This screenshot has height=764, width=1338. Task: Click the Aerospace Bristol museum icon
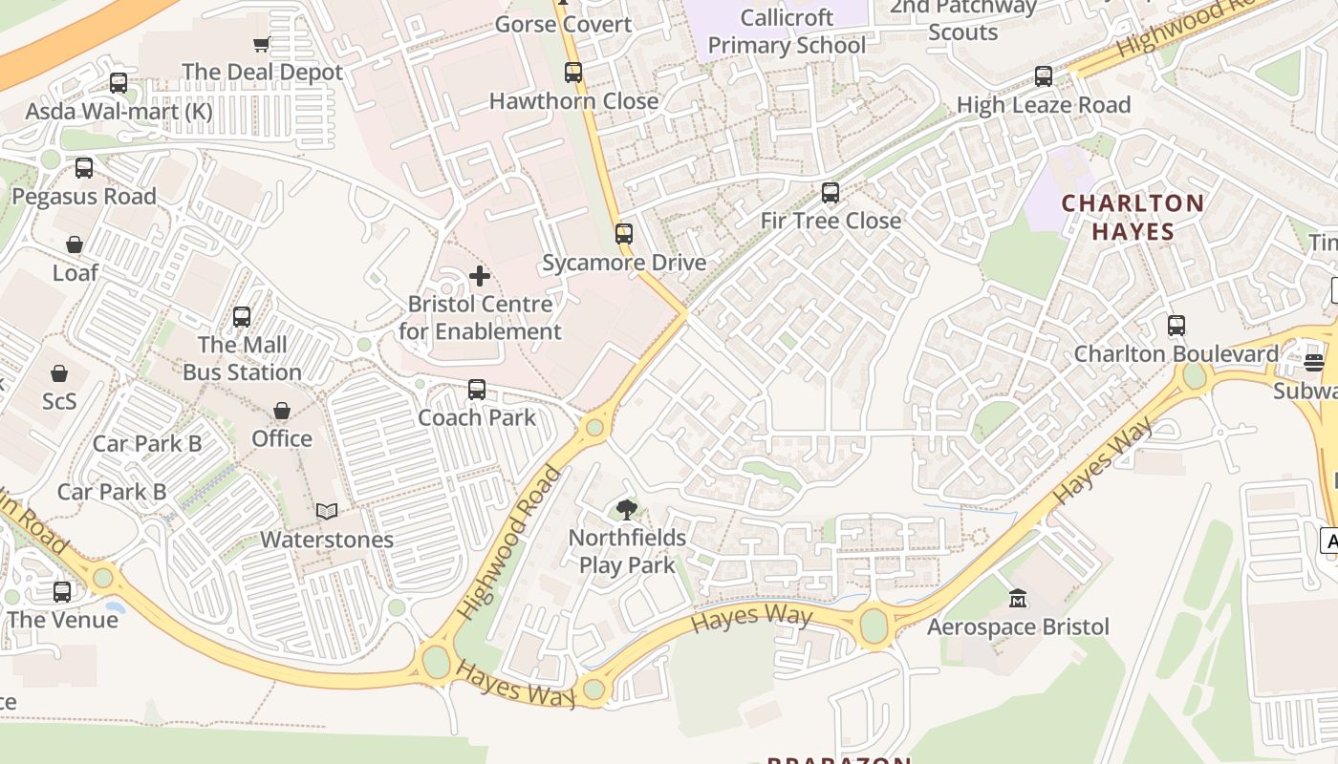click(x=1018, y=599)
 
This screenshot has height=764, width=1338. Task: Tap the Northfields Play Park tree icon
click(x=627, y=510)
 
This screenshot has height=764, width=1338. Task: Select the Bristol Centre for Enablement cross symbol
click(x=480, y=277)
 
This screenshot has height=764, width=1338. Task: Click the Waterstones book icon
click(x=327, y=512)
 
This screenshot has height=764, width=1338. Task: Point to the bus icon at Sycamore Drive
click(x=624, y=234)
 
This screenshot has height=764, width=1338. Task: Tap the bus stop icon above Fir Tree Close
click(x=831, y=193)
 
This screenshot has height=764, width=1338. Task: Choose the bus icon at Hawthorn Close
click(x=573, y=73)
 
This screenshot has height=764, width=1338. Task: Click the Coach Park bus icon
click(x=477, y=390)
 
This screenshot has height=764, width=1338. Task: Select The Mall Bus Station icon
click(x=242, y=317)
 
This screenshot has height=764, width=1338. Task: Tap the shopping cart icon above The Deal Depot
click(x=261, y=44)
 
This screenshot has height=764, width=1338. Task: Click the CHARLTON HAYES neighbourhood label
click(x=1133, y=217)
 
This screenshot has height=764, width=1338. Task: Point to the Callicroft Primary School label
click(x=787, y=32)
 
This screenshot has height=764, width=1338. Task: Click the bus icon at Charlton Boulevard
click(x=1176, y=326)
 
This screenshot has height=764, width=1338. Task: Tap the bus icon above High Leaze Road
click(x=1044, y=76)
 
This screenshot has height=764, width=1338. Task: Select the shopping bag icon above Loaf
click(x=75, y=245)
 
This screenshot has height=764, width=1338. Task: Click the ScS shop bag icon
click(x=59, y=373)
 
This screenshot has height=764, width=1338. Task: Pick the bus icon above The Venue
click(x=62, y=592)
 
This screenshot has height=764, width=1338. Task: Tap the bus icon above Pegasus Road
click(x=84, y=169)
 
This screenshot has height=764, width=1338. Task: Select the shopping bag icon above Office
click(x=282, y=411)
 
